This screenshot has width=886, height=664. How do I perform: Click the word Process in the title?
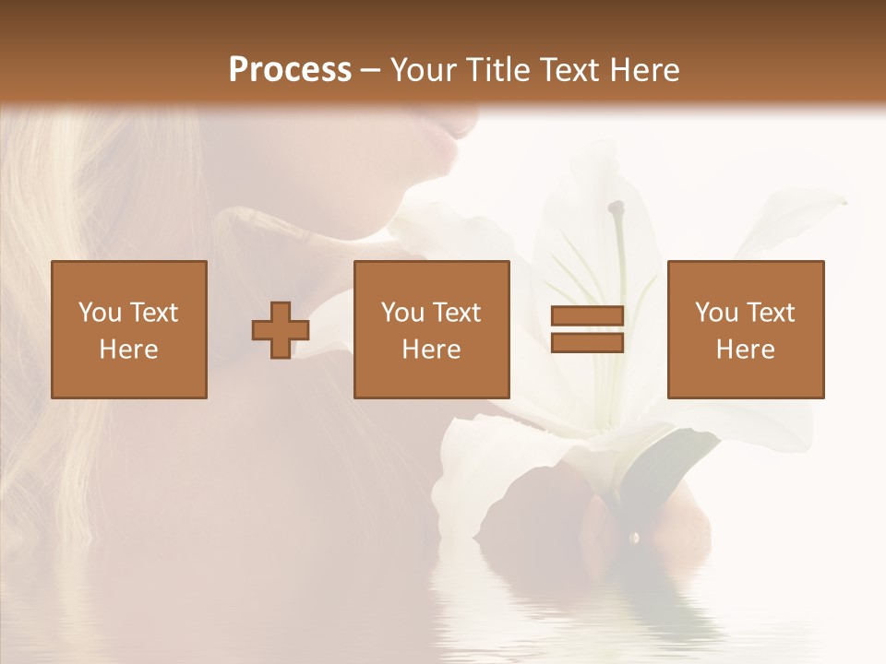[290, 70]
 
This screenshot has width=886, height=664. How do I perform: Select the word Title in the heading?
[498, 70]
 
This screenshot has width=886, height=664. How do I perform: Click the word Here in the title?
[646, 70]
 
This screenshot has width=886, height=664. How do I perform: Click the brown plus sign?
[281, 330]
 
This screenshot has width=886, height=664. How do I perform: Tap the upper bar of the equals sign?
[587, 316]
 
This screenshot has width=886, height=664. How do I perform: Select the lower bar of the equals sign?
[587, 343]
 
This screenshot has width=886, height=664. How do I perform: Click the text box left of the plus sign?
[129, 329]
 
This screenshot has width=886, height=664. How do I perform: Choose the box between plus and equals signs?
[432, 329]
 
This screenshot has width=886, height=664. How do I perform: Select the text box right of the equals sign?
[746, 329]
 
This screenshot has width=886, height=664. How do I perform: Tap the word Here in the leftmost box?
[128, 350]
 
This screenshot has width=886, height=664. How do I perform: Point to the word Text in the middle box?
[457, 313]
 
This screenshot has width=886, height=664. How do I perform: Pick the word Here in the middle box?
[431, 350]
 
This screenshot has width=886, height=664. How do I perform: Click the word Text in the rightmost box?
[771, 313]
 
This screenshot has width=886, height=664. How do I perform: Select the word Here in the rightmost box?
[745, 350]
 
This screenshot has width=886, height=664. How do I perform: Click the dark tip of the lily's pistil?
[616, 208]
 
